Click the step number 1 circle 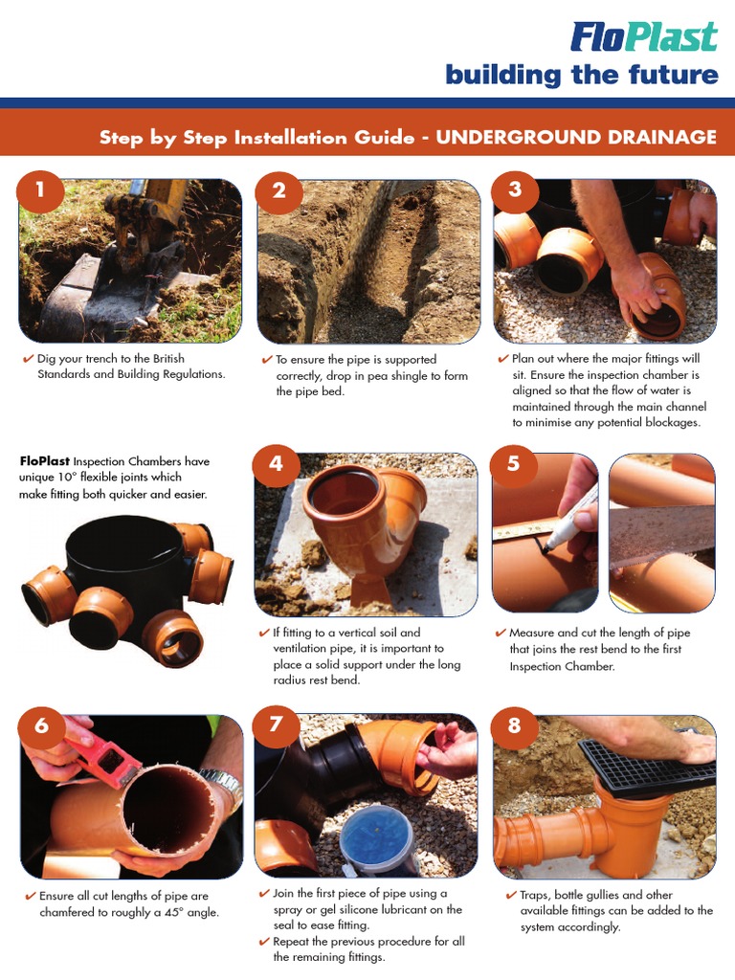39,189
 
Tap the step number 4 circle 276,464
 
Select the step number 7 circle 276,724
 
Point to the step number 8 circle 514,724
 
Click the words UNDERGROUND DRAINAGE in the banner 575,137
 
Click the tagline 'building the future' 581,76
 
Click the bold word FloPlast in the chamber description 45,461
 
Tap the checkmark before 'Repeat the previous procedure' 264,941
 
